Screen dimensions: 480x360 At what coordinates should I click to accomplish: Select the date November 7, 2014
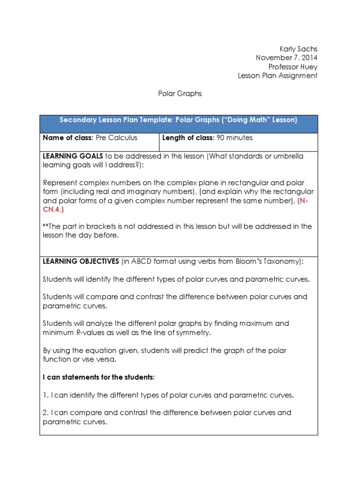286,58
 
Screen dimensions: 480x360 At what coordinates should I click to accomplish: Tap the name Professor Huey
293,67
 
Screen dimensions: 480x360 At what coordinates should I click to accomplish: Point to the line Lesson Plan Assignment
277,75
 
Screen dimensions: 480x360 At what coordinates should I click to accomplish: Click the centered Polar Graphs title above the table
179,93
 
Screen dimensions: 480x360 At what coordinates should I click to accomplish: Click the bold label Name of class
67,138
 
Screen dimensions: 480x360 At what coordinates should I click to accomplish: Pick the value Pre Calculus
116,138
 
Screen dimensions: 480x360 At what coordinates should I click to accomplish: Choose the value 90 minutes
234,138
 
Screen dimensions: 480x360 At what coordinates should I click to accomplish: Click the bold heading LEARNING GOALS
73,156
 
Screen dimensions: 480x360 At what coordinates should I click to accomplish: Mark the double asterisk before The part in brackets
45,225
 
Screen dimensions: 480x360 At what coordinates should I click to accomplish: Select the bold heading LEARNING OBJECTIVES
81,261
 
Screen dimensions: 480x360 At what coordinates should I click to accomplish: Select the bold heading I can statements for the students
98,377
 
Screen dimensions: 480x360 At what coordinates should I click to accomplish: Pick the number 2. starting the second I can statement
46,412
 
